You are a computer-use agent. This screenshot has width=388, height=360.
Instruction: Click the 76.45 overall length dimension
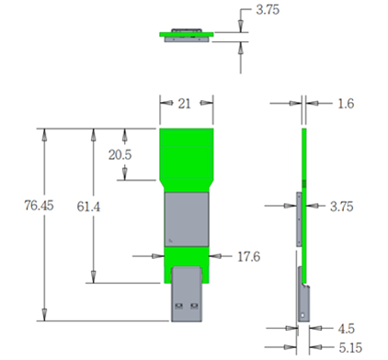click(x=39, y=205)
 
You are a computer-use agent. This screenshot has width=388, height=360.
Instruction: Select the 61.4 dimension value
click(x=88, y=207)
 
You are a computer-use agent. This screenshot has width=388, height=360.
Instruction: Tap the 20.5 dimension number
click(x=120, y=154)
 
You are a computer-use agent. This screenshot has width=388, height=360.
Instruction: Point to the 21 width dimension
click(x=184, y=104)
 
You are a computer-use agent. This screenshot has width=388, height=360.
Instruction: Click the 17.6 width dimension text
click(x=249, y=256)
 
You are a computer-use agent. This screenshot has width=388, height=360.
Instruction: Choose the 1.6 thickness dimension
click(x=346, y=104)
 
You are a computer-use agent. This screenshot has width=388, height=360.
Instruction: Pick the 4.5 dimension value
click(x=347, y=329)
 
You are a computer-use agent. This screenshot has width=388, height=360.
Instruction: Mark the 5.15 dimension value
click(x=350, y=348)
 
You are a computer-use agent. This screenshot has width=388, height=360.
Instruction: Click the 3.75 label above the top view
click(x=268, y=10)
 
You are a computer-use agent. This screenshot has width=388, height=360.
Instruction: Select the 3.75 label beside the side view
click(x=342, y=207)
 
